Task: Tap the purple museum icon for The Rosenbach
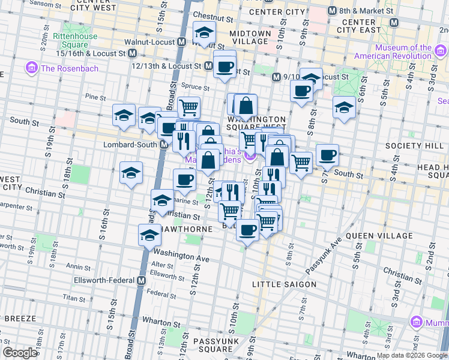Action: point(32,68)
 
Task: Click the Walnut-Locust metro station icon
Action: point(181,42)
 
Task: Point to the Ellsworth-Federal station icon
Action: point(142,280)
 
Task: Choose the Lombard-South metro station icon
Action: point(163,145)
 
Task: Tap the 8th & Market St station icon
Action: point(332,11)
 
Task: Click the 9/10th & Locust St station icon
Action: point(276,77)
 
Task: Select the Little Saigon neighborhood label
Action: point(284,284)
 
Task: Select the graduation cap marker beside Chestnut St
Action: point(205,33)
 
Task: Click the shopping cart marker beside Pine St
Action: point(188,108)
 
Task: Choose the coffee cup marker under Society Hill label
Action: point(327,155)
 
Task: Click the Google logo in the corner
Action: point(20,353)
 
